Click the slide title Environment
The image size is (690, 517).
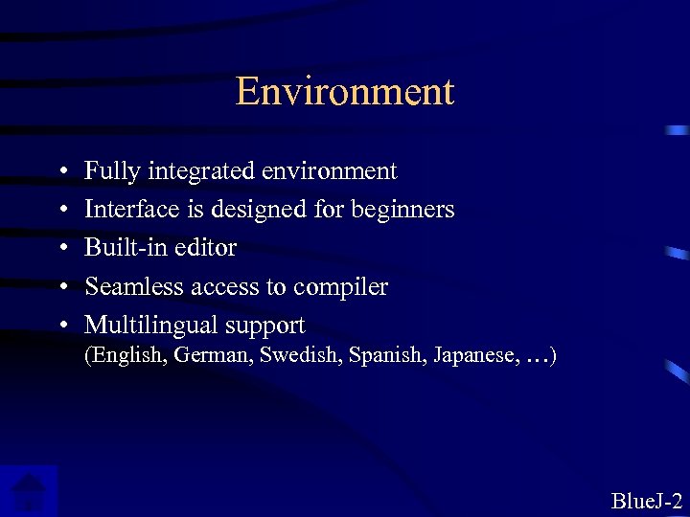[344, 92]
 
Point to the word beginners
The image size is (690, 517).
[405, 209]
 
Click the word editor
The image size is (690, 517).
[205, 247]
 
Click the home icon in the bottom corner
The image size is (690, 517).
[29, 491]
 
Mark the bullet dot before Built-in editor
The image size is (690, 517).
[60, 248]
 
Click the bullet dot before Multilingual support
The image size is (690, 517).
[60, 326]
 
